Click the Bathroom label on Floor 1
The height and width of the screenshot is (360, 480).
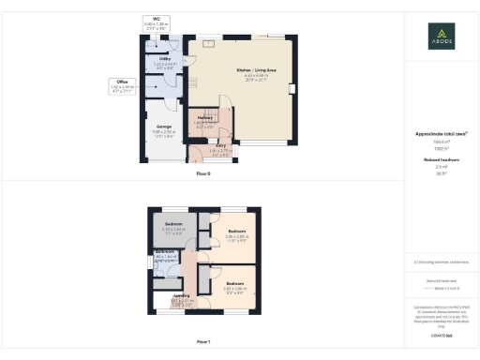165,253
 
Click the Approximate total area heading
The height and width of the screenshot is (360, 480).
440,134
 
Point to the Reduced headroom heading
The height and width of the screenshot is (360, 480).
440,160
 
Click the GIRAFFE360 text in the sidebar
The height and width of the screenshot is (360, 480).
440,335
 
